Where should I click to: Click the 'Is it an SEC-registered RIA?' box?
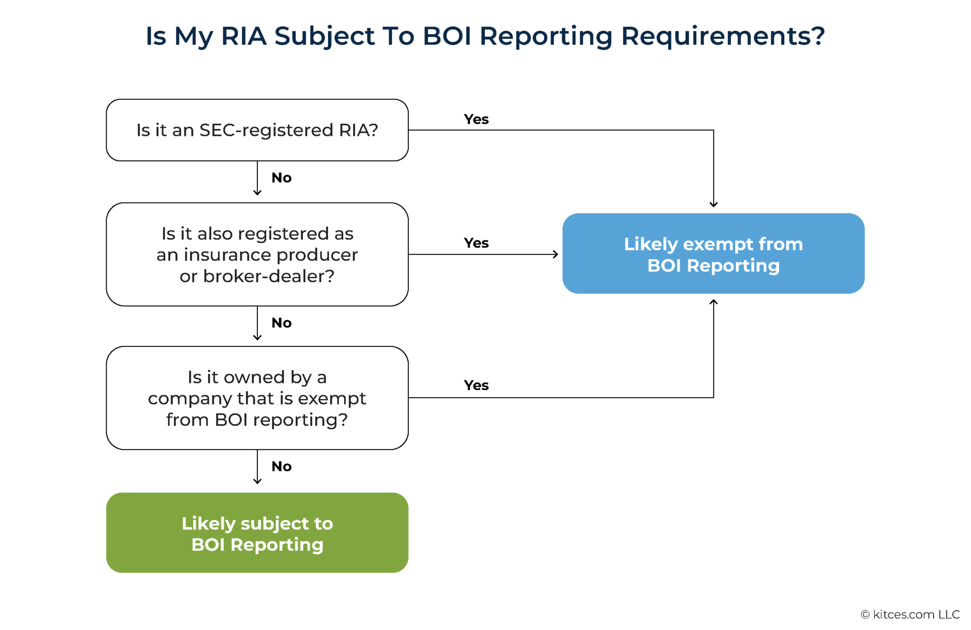257,130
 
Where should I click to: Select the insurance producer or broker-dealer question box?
257,254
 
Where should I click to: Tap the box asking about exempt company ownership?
257,398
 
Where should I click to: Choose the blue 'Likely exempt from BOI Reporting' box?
713,253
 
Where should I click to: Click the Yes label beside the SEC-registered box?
476,119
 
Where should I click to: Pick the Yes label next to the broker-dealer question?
476,243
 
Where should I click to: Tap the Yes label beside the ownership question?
476,385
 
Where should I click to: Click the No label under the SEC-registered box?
281,178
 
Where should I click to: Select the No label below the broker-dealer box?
281,323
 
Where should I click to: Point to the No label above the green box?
281,466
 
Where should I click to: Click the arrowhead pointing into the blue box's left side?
556,254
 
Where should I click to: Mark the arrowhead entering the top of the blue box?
713,204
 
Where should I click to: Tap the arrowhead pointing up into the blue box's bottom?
713,302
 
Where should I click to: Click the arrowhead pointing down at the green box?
257,481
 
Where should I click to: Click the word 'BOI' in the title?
447,36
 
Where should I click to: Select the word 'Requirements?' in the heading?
723,36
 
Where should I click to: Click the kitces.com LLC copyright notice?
910,614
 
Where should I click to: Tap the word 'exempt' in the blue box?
718,244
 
